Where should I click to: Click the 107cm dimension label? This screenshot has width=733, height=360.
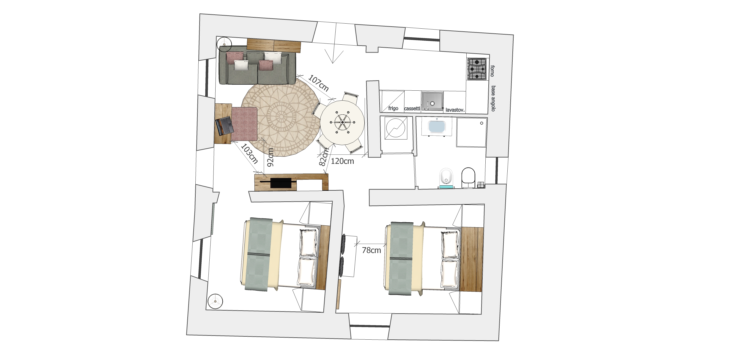tap(319, 83)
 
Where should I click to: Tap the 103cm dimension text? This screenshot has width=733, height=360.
tap(249, 154)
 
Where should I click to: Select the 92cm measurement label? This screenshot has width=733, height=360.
tap(271, 157)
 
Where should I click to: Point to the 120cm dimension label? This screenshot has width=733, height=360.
tap(342, 161)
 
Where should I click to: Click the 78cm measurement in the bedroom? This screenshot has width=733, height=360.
tap(371, 250)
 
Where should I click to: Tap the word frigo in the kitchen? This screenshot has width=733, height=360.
tap(393, 108)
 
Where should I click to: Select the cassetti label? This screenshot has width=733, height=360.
tap(412, 108)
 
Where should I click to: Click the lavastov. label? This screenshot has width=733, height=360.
tap(455, 110)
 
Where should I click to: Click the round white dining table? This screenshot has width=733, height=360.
tap(342, 122)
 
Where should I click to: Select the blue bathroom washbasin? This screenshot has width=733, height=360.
tap(437, 127)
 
